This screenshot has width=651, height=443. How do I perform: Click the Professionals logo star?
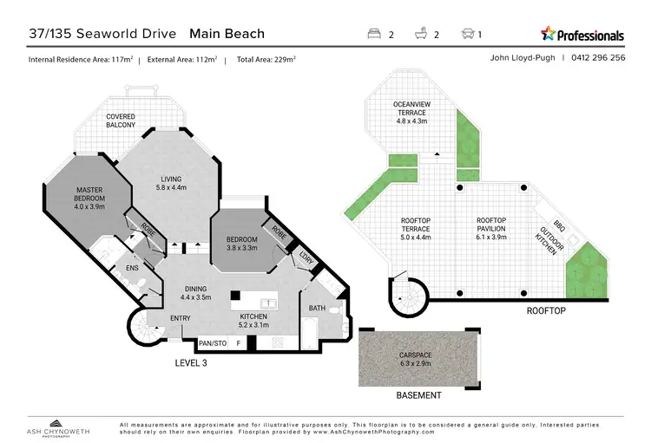pyautogui.click(x=549, y=34)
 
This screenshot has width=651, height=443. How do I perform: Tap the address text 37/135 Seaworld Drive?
pyautogui.click(x=104, y=35)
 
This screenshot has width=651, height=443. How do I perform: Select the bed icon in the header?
pyautogui.click(x=375, y=35)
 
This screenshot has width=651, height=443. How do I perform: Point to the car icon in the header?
pyautogui.click(x=467, y=35)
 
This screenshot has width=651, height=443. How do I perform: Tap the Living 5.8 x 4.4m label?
pyautogui.click(x=170, y=184)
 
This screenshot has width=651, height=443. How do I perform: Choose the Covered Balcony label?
pyautogui.click(x=121, y=121)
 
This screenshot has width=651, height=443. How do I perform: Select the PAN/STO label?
pyautogui.click(x=212, y=342)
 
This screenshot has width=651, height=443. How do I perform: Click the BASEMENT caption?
pyautogui.click(x=418, y=395)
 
